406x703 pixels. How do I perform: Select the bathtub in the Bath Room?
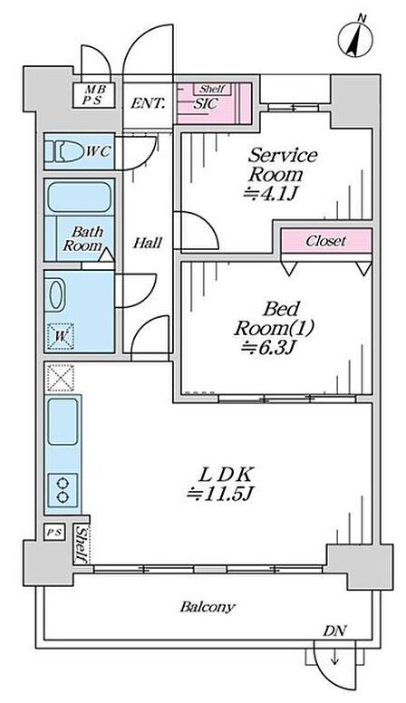(79, 197)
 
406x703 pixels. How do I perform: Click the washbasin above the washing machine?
(57, 294)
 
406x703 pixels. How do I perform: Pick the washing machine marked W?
(61, 336)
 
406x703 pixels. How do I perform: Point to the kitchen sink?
(63, 422)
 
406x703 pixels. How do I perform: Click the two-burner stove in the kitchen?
(63, 490)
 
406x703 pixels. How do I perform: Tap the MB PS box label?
(93, 95)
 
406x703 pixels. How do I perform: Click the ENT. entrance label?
(148, 104)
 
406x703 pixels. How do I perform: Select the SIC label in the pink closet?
(206, 104)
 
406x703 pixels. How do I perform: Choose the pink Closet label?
(326, 241)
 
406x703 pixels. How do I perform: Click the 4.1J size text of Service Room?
(271, 194)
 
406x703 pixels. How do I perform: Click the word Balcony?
(208, 607)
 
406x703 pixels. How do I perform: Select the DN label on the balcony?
(334, 631)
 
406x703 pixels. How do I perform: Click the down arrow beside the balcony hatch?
(334, 659)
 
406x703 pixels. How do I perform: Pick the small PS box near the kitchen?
(54, 532)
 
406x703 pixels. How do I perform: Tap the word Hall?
(148, 243)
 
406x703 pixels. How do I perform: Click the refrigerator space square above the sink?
(61, 378)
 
